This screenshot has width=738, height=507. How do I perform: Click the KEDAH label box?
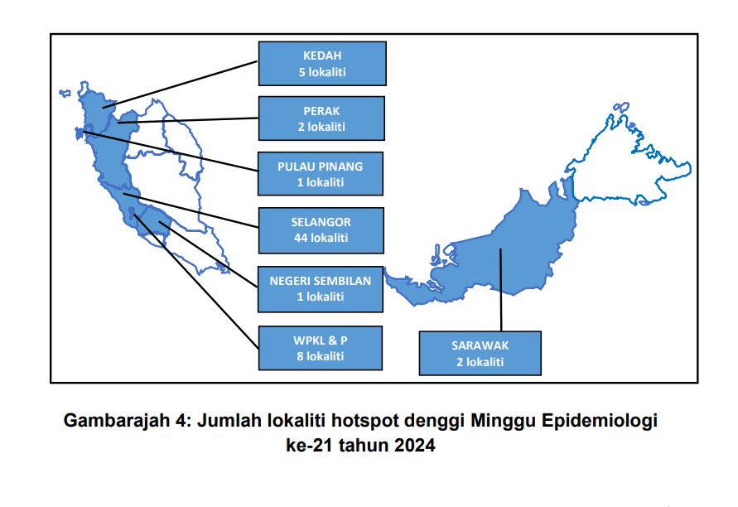click(322, 64)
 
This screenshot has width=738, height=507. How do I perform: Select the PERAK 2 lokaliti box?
click(321, 118)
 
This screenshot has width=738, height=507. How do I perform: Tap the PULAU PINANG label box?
click(321, 174)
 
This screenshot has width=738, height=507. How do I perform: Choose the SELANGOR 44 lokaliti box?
click(321, 230)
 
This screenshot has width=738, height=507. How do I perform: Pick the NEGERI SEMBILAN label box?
click(321, 288)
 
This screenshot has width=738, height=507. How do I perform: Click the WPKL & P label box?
click(320, 348)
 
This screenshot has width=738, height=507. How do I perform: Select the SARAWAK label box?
click(480, 353)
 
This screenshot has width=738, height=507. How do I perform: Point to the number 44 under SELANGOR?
click(301, 238)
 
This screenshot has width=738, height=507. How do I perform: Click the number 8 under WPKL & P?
click(301, 356)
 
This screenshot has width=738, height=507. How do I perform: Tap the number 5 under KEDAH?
click(302, 72)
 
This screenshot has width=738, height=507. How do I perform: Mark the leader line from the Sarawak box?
click(501, 289)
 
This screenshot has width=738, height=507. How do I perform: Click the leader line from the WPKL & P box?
click(195, 282)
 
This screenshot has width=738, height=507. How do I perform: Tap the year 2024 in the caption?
click(415, 445)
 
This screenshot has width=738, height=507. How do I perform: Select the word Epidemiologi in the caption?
click(599, 420)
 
